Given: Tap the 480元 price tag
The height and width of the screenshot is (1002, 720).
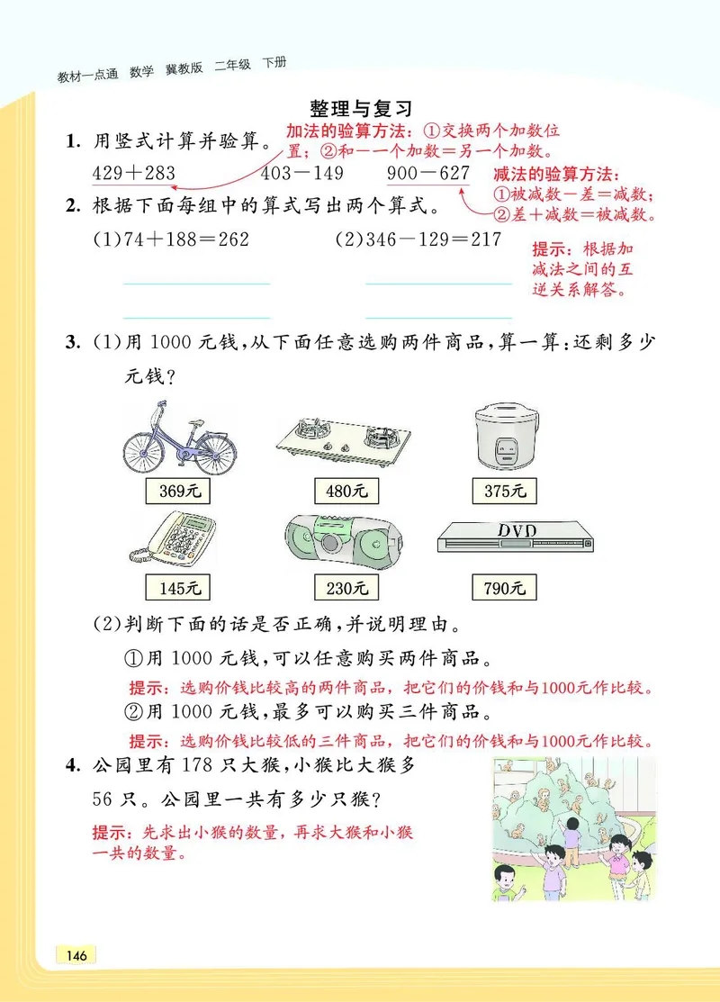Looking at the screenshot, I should click(x=346, y=492).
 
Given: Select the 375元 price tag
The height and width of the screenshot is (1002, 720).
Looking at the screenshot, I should click(x=504, y=492).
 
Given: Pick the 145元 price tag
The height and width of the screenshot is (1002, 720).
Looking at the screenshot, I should click(x=177, y=589).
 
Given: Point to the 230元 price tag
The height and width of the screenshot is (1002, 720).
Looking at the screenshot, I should click(x=346, y=589).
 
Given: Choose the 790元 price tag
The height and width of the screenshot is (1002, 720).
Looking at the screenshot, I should click(x=504, y=589).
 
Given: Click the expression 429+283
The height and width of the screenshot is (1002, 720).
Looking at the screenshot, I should click(x=133, y=173).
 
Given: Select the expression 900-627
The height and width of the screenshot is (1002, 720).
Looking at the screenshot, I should click(x=428, y=173).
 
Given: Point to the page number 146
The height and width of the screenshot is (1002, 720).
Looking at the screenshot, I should click(x=76, y=955).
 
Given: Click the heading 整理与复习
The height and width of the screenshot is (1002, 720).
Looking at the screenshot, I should click(x=360, y=108).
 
